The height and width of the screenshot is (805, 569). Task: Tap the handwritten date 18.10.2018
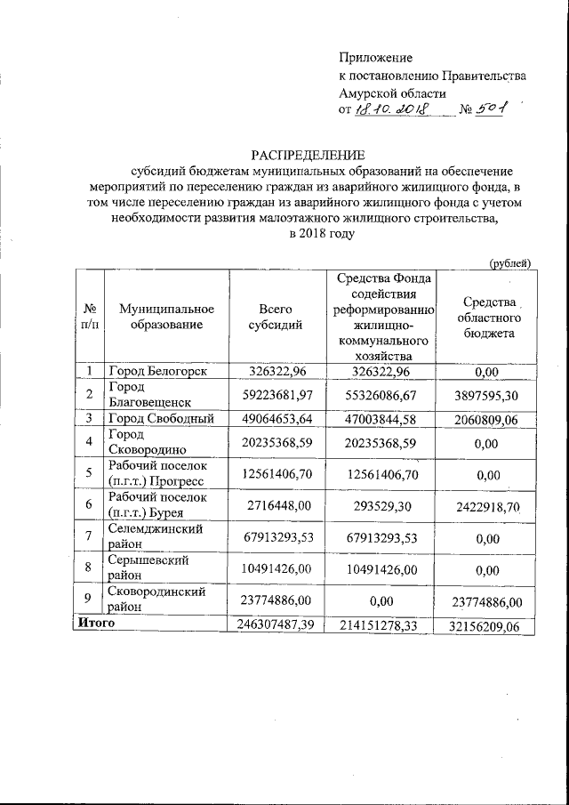[x=392, y=109]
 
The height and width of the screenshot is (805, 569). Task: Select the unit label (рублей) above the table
[x=510, y=262]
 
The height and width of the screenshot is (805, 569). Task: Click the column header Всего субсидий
[x=276, y=317]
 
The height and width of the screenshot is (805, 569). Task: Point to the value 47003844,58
[x=384, y=417]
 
